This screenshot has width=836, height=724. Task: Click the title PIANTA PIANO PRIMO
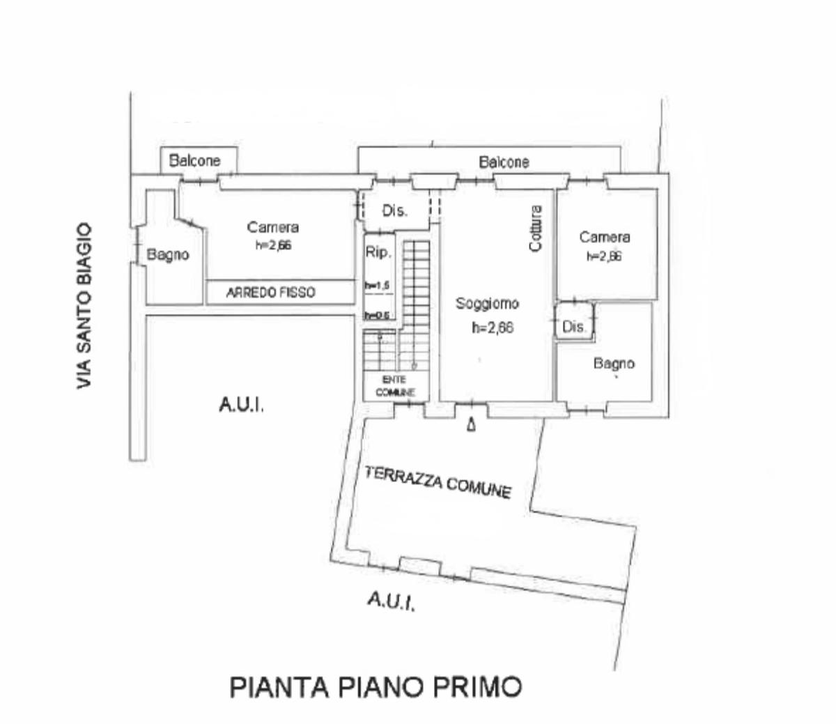tap(376, 687)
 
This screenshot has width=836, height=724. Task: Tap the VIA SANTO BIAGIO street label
tap(84, 306)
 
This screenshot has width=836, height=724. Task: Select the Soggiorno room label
tap(487, 304)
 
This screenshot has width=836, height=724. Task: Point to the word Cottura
tap(535, 228)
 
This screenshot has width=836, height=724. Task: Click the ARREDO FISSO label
tap(270, 293)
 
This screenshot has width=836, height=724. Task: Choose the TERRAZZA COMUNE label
tap(438, 482)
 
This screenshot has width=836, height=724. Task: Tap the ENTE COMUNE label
tap(395, 386)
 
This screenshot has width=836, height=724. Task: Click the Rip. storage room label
tap(378, 253)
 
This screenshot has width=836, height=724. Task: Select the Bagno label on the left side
tap(168, 255)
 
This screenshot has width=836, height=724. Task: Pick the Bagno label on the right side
tap(614, 363)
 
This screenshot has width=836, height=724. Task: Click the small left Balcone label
tap(195, 160)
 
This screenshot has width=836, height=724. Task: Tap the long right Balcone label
tap(504, 162)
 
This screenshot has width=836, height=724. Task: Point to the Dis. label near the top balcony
tap(394, 210)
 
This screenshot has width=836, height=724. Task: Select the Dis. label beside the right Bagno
tap(574, 326)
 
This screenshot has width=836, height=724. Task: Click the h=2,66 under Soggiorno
tap(492, 327)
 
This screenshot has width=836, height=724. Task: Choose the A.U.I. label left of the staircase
tap(241, 405)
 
